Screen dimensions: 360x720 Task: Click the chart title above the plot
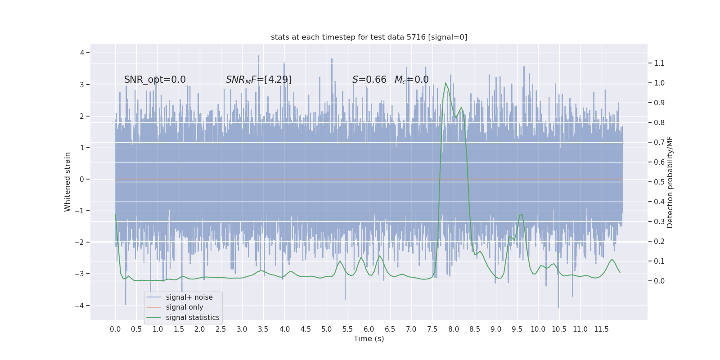pyautogui.click(x=369, y=37)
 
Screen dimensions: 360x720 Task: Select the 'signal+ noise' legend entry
pyautogui.click(x=189, y=297)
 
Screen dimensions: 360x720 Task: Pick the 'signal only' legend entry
pyautogui.click(x=184, y=307)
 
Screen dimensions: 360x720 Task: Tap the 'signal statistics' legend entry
pyautogui.click(x=192, y=318)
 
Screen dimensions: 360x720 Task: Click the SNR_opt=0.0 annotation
pyautogui.click(x=155, y=80)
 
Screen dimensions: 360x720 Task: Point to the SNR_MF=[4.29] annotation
pyautogui.click(x=258, y=80)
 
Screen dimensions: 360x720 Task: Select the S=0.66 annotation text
pyautogui.click(x=369, y=80)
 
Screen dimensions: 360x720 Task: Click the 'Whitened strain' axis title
pyautogui.click(x=67, y=182)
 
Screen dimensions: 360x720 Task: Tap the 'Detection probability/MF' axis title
pyautogui.click(x=670, y=182)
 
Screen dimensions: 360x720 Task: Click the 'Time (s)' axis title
pyautogui.click(x=369, y=338)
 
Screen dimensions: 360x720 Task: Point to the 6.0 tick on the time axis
pyautogui.click(x=369, y=329)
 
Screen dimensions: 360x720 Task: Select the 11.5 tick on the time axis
pyautogui.click(x=601, y=329)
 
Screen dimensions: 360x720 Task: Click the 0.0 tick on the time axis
pyautogui.click(x=115, y=329)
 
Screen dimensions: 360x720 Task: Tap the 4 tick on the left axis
pyautogui.click(x=82, y=53)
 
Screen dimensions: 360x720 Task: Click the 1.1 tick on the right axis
pyautogui.click(x=659, y=63)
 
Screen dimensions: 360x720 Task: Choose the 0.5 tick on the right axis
pyautogui.click(x=659, y=182)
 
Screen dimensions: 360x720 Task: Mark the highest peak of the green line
pyautogui.click(x=445, y=83)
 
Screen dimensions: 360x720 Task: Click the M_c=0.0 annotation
pyautogui.click(x=411, y=80)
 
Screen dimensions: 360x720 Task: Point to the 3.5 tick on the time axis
pyautogui.click(x=263, y=329)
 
